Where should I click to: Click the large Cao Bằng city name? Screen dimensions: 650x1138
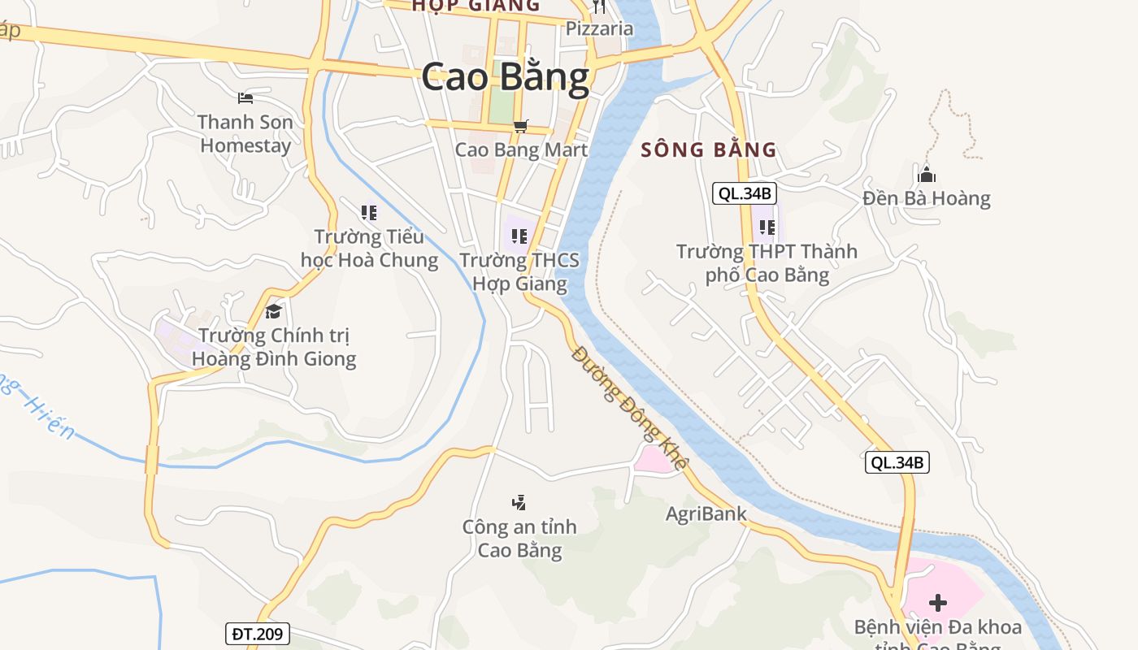pos(505,78)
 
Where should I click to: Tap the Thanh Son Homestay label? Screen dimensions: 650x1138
pos(245,134)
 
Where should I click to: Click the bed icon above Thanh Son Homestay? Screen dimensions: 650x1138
pos(245,98)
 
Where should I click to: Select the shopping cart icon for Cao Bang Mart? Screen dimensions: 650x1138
pos(521,126)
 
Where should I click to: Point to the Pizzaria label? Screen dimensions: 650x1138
pos(599,28)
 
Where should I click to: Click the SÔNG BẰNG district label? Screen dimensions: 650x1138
pos(709,149)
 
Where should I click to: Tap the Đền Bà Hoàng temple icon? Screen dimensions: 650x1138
pos(927,174)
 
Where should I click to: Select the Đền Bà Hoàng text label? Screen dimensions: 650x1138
pos(927,198)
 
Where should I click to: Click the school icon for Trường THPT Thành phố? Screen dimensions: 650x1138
pos(767,227)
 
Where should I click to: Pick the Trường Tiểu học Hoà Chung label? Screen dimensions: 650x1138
pos(369,249)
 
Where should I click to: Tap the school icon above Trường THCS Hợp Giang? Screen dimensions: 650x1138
pos(519,236)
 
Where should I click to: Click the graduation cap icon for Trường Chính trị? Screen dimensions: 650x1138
pos(273,311)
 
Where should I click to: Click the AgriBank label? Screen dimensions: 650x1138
pos(706,513)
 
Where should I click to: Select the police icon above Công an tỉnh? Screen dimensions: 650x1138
pos(519,503)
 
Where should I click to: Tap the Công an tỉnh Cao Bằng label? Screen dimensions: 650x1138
pos(519,538)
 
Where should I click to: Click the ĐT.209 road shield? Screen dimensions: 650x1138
pos(257,634)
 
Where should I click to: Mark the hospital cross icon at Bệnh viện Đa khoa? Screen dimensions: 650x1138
pos(938,603)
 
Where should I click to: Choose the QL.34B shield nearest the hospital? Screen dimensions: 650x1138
pos(897,462)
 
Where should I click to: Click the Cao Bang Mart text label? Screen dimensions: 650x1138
pos(521,149)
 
